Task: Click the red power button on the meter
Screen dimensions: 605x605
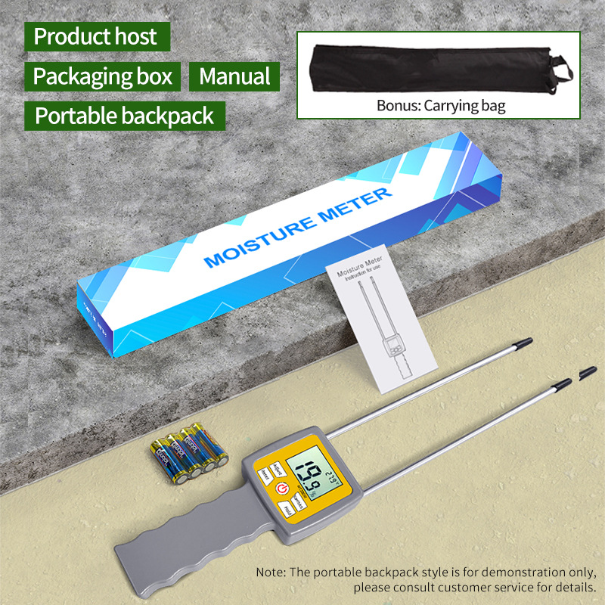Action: [283, 489]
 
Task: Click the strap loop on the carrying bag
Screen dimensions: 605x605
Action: [560, 70]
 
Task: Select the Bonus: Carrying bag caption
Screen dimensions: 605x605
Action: [441, 105]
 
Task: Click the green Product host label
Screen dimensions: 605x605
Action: [96, 36]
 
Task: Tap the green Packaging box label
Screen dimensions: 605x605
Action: [103, 76]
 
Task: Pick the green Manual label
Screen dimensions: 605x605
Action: [234, 76]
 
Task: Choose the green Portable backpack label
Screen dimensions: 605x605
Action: [125, 116]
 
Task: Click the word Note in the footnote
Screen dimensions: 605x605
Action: [271, 572]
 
